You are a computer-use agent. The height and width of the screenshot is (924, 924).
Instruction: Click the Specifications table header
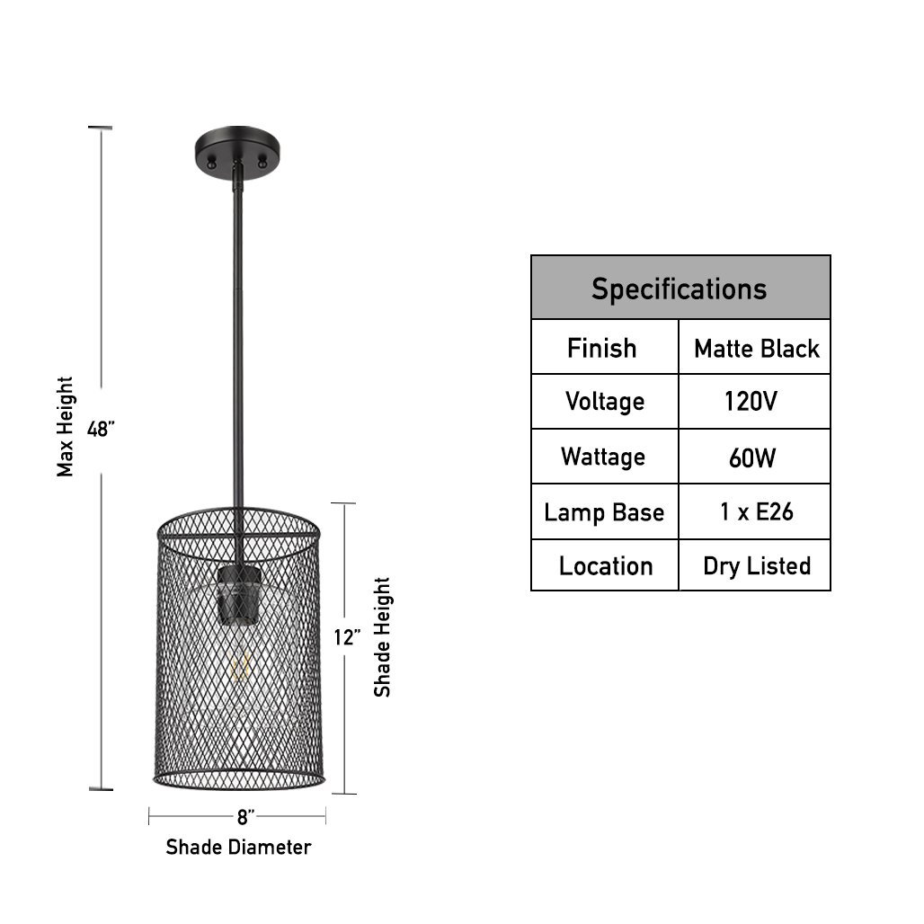tap(680, 289)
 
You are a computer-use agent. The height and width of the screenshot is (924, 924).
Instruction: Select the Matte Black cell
tap(756, 349)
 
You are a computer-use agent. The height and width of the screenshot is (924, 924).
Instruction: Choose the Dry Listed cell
tap(756, 565)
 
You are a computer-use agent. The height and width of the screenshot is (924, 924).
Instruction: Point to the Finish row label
tap(601, 348)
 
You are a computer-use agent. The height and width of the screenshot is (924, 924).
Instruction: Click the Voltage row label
tap(604, 401)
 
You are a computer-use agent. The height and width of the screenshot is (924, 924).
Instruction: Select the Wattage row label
tap(603, 457)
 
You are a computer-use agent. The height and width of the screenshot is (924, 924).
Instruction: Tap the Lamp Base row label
tap(604, 512)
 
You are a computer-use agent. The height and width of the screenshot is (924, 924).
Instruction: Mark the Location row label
tap(605, 565)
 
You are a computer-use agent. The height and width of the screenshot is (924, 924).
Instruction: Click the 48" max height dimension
tap(101, 429)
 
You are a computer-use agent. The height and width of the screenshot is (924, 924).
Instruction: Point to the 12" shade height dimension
tap(347, 637)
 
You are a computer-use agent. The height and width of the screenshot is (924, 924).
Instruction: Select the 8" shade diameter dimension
tap(245, 817)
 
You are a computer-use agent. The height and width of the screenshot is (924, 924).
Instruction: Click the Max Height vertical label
tap(66, 426)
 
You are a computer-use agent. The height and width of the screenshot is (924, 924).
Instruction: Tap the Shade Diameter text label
tap(238, 847)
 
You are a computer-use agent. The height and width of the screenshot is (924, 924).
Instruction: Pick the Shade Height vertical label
tap(383, 637)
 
